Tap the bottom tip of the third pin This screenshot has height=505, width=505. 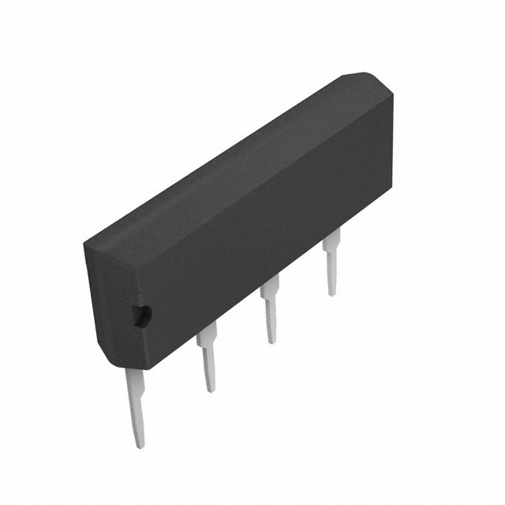[x=271, y=342]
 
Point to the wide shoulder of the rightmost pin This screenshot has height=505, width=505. [x=332, y=241]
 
